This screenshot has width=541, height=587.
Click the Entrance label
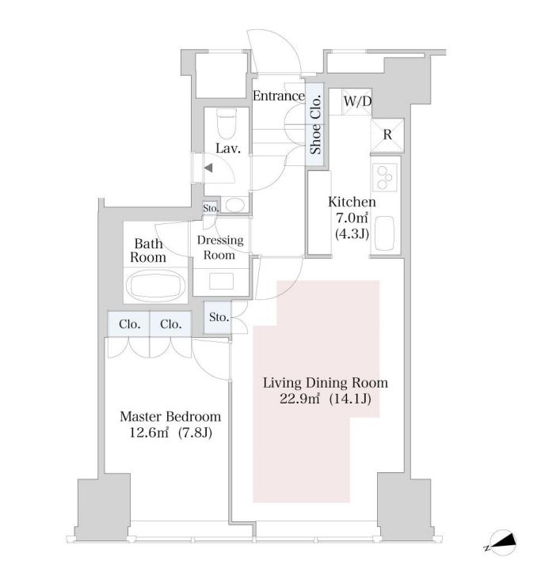coord(278,97)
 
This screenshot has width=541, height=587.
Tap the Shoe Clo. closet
coord(314,124)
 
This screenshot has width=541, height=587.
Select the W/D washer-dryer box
coord(356,101)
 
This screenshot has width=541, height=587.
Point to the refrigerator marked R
coord(388,134)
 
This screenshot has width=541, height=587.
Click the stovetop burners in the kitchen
coord(387,177)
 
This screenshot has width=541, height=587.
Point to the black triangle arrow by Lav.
coord(208,168)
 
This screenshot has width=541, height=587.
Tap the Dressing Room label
coord(219,248)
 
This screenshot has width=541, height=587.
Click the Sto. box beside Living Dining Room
coord(217,318)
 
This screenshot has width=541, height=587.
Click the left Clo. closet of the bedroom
coord(129,324)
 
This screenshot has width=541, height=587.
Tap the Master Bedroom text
coord(170,416)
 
